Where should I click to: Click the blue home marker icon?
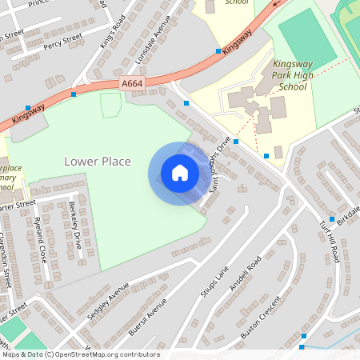(x=180, y=173)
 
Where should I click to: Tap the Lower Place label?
(x=97, y=162)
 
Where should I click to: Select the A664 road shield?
(x=133, y=83)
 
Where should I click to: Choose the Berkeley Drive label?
(x=75, y=226)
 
